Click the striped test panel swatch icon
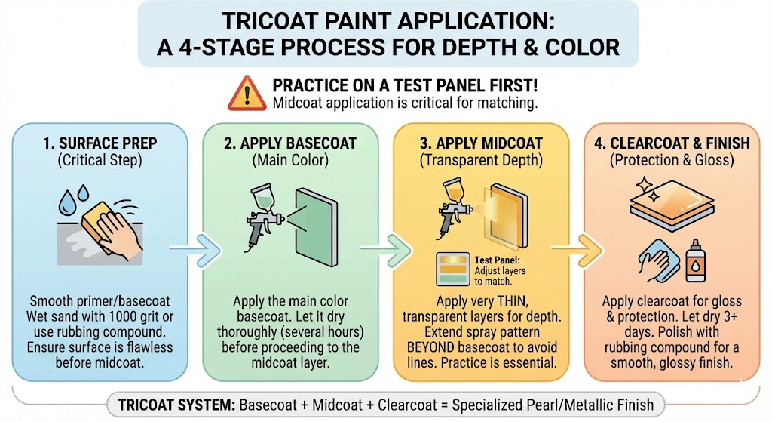click(x=452, y=271)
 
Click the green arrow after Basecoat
click(x=381, y=245)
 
